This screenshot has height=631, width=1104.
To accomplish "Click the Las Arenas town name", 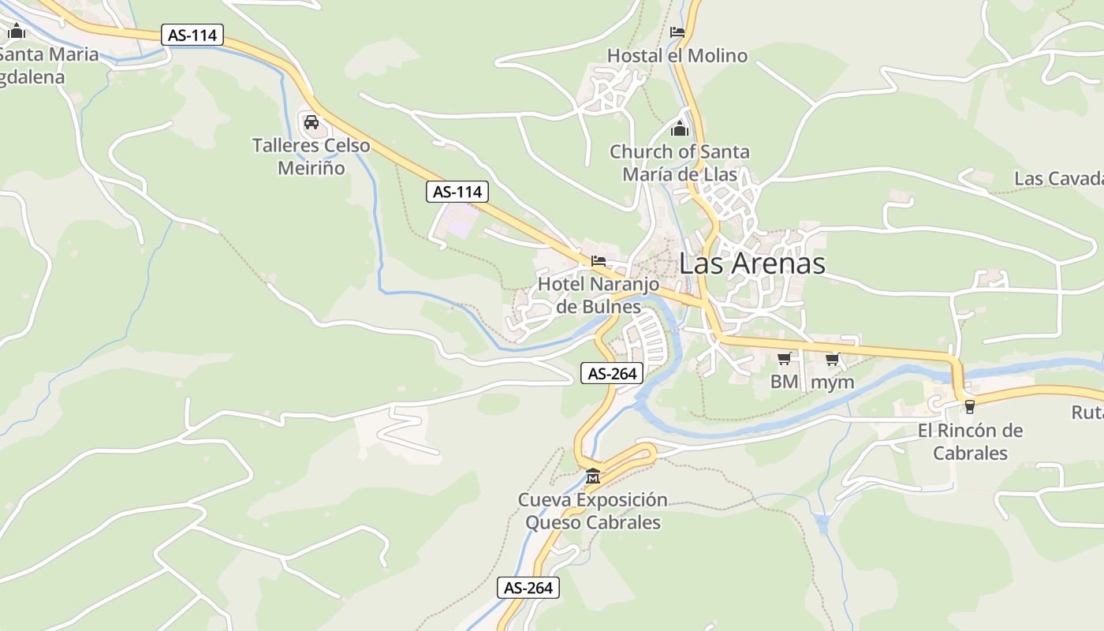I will point(752,263).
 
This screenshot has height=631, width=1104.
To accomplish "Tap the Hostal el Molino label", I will point(677,56).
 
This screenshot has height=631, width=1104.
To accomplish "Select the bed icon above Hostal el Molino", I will point(677,32).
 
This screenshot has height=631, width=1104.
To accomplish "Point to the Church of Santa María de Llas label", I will point(679,162).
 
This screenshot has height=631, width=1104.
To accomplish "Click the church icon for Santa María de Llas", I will point(679,128).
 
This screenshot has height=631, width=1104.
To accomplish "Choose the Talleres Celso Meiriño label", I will point(311,156).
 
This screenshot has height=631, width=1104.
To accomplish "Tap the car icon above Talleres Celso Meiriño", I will point(311,121).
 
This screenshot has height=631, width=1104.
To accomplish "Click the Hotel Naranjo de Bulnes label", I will point(598,294).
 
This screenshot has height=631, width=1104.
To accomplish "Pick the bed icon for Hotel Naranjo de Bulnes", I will point(599,260).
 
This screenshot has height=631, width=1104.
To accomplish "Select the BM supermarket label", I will point(784,383).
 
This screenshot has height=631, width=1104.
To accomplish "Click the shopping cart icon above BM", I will point(784,359).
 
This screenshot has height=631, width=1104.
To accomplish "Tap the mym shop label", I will point(833,383).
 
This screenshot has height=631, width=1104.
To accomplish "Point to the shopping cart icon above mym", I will point(832,359).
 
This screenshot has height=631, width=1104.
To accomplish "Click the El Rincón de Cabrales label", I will point(970,442).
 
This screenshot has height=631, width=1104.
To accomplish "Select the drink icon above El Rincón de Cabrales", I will point(969,407).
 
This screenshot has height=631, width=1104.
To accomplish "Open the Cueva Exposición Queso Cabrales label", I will point(592,510).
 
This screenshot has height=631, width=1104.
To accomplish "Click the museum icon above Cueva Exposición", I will point(592,476).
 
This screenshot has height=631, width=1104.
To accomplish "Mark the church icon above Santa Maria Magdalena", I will point(17,32).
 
